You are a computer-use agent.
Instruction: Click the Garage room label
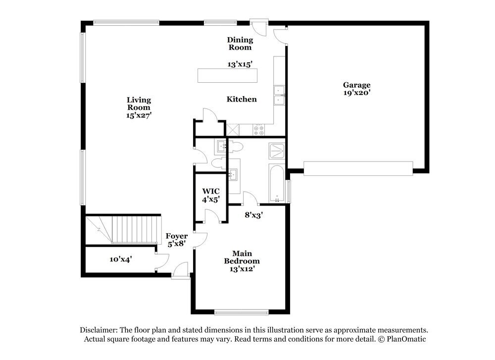click(x=356, y=85)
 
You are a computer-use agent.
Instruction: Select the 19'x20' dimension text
click(x=356, y=93)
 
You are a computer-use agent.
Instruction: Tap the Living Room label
click(x=138, y=103)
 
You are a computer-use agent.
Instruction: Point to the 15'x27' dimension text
click(x=138, y=115)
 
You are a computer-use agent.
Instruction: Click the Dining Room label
click(x=240, y=44)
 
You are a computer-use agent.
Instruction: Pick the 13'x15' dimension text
click(x=240, y=64)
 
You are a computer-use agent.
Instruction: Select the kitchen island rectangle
click(x=227, y=75)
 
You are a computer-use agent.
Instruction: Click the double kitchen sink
click(x=279, y=95)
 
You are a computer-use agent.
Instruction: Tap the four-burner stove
click(x=259, y=130)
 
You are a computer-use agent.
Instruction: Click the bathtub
click(x=276, y=183)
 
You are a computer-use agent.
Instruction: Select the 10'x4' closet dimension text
click(x=120, y=259)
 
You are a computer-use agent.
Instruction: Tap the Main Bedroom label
click(x=242, y=261)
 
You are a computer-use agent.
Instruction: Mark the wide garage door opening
click(x=358, y=168)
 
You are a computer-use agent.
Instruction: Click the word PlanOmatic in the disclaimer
click(x=405, y=339)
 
